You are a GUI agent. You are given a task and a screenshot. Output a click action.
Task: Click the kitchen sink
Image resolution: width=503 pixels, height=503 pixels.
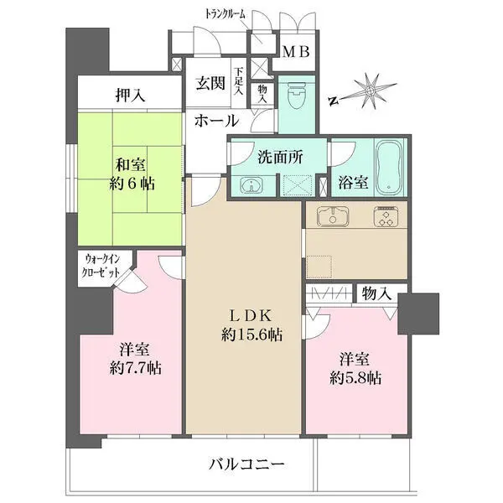pyautogui.click(x=330, y=215)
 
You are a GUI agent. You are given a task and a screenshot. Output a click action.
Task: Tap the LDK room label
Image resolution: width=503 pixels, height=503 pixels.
pyautogui.click(x=250, y=316)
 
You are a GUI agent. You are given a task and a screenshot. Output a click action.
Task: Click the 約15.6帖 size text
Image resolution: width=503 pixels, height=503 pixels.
pyautogui.click(x=251, y=334)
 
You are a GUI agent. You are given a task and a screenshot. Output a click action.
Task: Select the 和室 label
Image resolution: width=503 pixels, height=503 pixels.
pyautogui.click(x=128, y=164)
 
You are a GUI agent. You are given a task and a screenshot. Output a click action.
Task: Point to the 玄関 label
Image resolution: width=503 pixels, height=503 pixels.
pyautogui.click(x=209, y=83)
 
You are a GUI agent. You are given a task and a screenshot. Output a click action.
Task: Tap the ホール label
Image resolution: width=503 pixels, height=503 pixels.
pyautogui.click(x=216, y=122)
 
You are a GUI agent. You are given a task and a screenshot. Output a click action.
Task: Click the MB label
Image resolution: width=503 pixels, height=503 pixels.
pyautogui.click(x=295, y=52)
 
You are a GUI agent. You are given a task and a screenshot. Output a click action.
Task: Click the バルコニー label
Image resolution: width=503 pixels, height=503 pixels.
pyautogui.click(x=246, y=464)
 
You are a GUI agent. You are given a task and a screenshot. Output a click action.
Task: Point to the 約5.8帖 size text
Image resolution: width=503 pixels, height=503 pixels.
pyautogui.click(x=354, y=377)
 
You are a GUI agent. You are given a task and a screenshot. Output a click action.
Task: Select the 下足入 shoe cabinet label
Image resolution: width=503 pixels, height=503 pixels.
pyautogui.click(x=238, y=81)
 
